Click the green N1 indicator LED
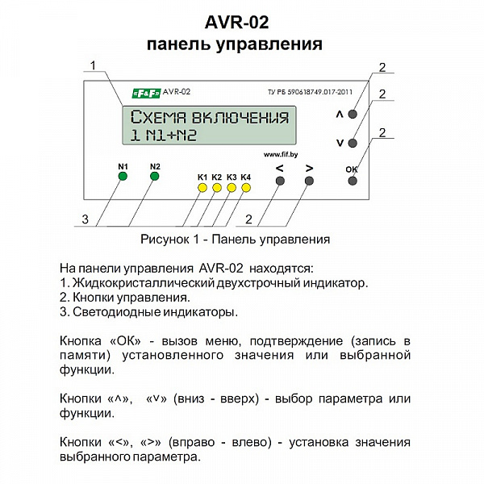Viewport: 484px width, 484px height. pos(123,176)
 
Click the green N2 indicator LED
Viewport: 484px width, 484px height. pos(155,176)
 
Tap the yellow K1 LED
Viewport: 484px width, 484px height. pos(202,188)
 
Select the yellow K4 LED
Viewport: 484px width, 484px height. pos(246,188)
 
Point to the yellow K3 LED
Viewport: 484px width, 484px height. pos(232,188)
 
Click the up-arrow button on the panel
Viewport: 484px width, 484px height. pos(353,115)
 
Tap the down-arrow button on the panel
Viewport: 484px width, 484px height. pos(353,144)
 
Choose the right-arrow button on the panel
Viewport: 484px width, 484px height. pos(309,181)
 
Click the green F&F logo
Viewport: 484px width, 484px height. pos(147,94)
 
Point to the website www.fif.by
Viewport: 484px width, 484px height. pos(281,155)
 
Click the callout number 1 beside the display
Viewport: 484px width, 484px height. pos(93,65)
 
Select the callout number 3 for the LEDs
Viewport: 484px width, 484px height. pos(85,219)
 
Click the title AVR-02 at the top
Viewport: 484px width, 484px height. pos(236,23)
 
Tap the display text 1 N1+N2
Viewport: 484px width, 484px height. pos(164,136)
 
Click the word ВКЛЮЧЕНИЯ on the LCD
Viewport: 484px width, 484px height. pos(240,117)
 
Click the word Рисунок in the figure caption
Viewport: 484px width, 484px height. pos(165,240)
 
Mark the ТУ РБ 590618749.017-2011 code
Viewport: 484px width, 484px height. pos(310,92)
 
